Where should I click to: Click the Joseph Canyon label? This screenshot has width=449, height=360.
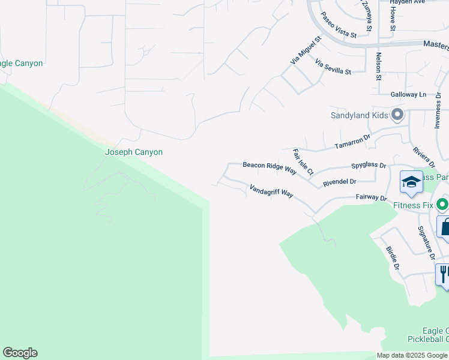point(134,152)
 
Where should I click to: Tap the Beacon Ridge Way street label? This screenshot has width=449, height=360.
point(270,167)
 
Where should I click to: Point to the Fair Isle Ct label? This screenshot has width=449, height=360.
point(303,162)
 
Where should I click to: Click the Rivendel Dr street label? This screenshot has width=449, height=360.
point(339,182)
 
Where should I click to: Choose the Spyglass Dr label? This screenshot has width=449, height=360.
point(368,165)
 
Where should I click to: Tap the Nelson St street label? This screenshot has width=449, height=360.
point(379,66)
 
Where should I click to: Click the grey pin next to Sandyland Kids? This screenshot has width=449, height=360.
point(397,114)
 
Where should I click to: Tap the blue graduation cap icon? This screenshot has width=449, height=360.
point(411,182)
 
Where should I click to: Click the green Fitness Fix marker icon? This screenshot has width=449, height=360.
point(443,205)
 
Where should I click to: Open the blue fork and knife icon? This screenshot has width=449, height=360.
point(443,274)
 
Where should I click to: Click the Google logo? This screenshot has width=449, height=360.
point(20,353)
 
